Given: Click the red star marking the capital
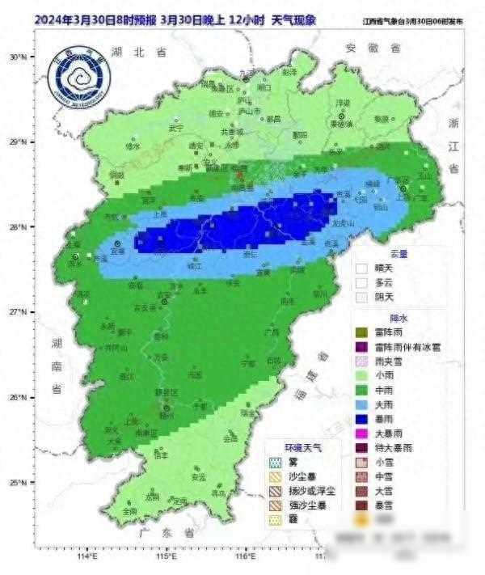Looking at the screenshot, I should [x=239, y=173].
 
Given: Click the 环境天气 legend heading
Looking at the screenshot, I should [x=302, y=446].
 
